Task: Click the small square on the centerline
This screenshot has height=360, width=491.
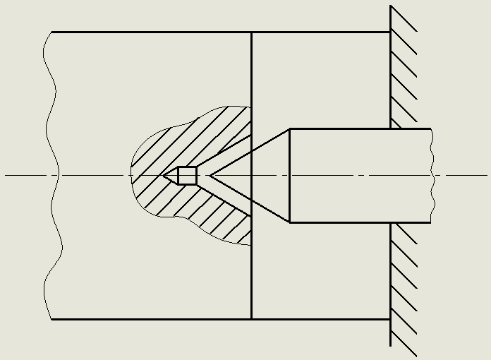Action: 187,175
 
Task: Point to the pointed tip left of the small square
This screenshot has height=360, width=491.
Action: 164,175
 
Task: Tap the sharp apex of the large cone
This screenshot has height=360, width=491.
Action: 210,175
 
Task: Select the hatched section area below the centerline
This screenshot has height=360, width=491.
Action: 212,215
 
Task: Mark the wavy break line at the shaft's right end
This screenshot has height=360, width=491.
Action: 431,175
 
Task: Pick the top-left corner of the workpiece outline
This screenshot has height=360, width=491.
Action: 51,32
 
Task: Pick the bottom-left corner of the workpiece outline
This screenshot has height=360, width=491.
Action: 51,319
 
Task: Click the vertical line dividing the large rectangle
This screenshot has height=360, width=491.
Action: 252,71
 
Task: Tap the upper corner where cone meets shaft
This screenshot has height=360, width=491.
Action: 290,128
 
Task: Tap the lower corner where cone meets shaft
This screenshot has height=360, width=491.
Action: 290,222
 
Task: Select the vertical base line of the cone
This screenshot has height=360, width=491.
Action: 290,175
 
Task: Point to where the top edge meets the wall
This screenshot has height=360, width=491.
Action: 391,32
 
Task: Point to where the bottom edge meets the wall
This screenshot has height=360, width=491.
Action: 391,319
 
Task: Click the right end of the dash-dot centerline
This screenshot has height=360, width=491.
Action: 487,175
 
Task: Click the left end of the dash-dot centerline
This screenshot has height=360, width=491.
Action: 6,175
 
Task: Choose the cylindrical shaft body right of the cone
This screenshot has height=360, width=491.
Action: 360,175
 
